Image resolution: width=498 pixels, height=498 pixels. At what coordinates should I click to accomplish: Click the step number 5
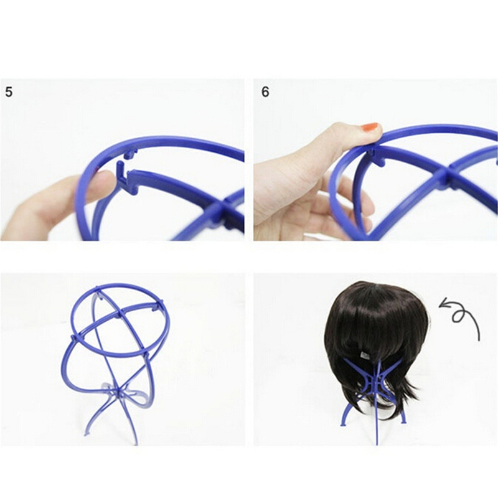click(9, 92)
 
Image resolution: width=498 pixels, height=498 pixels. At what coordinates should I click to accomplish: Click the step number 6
click(265, 92)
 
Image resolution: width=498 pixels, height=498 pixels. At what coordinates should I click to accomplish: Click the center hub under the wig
click(375, 380)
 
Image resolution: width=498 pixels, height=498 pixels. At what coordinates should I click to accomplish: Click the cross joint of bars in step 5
click(222, 210)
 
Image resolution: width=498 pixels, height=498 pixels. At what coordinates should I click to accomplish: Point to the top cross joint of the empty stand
click(120, 313)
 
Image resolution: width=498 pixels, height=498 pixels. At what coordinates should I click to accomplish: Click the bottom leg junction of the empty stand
click(118, 389)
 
